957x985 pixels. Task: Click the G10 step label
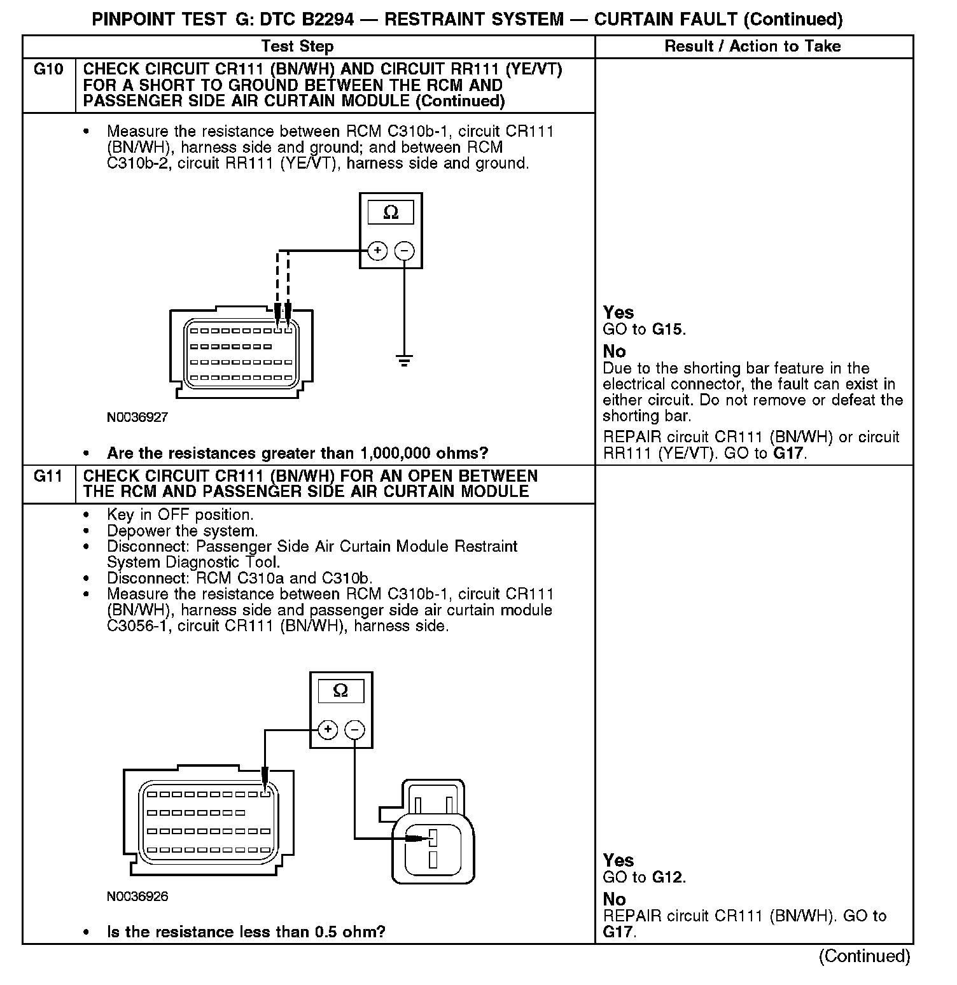[x=48, y=69]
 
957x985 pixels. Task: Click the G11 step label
[x=48, y=476]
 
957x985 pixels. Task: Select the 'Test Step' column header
[x=297, y=46]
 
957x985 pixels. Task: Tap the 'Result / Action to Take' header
[x=752, y=46]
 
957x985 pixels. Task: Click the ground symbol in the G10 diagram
[x=404, y=361]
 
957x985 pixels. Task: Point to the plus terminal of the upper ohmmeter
[x=377, y=251]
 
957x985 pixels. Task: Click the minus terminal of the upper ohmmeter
[x=404, y=251]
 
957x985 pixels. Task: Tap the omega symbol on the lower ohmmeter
[x=341, y=691]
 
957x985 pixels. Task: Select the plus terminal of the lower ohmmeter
[x=327, y=729]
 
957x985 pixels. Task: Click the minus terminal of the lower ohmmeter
[x=355, y=729]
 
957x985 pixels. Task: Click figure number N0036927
[x=137, y=417]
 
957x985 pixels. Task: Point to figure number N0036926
[x=137, y=897]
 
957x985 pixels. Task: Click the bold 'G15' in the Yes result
[x=668, y=330]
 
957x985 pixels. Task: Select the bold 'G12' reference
[x=668, y=877]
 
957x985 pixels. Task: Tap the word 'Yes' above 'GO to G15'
[x=618, y=312]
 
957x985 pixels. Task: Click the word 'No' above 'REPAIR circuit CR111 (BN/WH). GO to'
[x=614, y=899]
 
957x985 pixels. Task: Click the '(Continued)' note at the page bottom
[x=864, y=956]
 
